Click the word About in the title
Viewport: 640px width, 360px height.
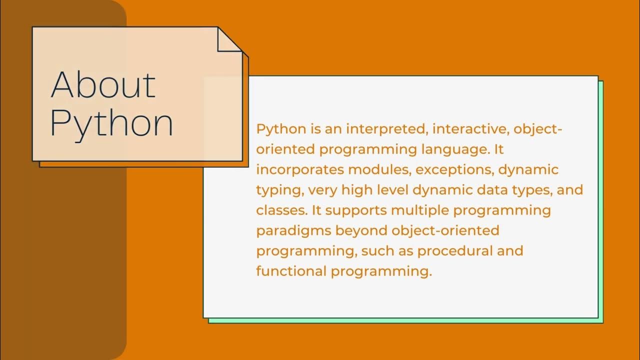[x=103, y=84]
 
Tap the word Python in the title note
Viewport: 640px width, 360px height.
[x=111, y=123]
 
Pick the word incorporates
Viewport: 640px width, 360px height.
[x=300, y=169]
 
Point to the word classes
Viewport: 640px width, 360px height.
[x=280, y=210]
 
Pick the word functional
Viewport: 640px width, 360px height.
[x=291, y=271]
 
